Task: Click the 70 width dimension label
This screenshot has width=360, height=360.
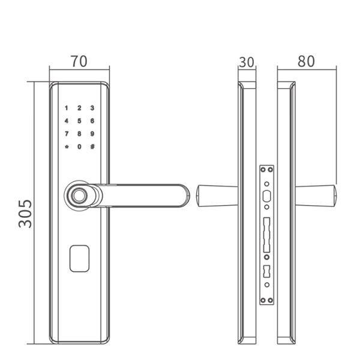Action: (79, 61)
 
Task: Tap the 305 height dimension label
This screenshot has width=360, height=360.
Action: (25, 214)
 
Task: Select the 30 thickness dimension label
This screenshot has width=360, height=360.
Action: (247, 62)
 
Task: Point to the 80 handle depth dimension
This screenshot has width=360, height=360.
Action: (306, 61)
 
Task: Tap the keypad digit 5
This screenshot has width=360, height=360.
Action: (79, 121)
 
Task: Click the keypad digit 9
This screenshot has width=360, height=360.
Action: (92, 134)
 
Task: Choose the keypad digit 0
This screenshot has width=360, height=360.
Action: (79, 146)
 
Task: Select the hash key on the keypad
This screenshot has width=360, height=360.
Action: (92, 146)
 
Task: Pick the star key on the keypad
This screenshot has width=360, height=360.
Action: (67, 147)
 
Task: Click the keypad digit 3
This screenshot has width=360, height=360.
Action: (92, 108)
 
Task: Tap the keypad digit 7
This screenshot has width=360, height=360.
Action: (67, 134)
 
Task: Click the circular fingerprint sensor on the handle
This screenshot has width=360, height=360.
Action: (79, 196)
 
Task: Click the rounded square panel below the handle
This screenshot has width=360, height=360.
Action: (79, 259)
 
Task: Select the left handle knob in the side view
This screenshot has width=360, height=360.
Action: (217, 196)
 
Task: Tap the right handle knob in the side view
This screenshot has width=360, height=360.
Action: (316, 196)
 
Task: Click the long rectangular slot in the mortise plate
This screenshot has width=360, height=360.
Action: (266, 235)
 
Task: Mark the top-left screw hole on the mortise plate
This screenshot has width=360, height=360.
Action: (263, 170)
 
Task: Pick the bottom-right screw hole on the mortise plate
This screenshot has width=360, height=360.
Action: (271, 301)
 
